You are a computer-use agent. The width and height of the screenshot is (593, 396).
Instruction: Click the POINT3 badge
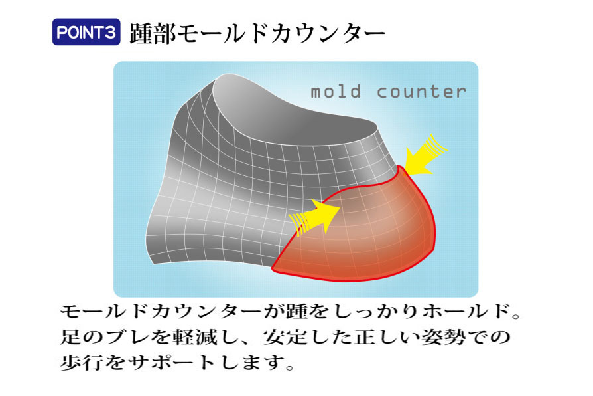click(x=86, y=32)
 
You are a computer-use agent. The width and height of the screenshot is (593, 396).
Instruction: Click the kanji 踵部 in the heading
click(x=153, y=33)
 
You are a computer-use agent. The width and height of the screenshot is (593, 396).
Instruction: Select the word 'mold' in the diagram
click(x=336, y=92)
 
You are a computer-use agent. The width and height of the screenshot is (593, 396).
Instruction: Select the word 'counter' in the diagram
click(x=421, y=92)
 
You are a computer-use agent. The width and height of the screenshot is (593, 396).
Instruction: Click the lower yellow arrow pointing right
click(x=314, y=217)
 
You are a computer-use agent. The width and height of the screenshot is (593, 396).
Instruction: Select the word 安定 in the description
click(x=286, y=336)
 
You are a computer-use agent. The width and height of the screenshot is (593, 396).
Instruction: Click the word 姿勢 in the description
click(x=443, y=336)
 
